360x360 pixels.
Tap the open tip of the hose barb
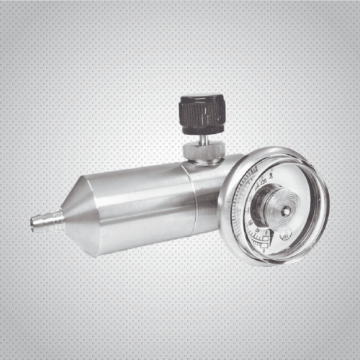click(33, 222)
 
